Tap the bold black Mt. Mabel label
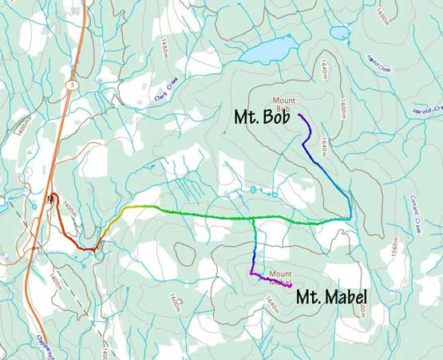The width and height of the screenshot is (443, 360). [330, 299]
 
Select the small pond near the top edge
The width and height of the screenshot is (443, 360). [339, 33]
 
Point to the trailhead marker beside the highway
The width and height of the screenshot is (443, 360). [50, 197]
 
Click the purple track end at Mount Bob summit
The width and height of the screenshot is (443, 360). [299, 116]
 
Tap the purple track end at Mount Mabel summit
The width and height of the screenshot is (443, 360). [290, 285]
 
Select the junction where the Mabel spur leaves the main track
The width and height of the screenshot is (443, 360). [253, 219]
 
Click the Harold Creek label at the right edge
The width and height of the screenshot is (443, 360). [428, 109]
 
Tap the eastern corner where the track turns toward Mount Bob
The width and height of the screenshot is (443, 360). [350, 218]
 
